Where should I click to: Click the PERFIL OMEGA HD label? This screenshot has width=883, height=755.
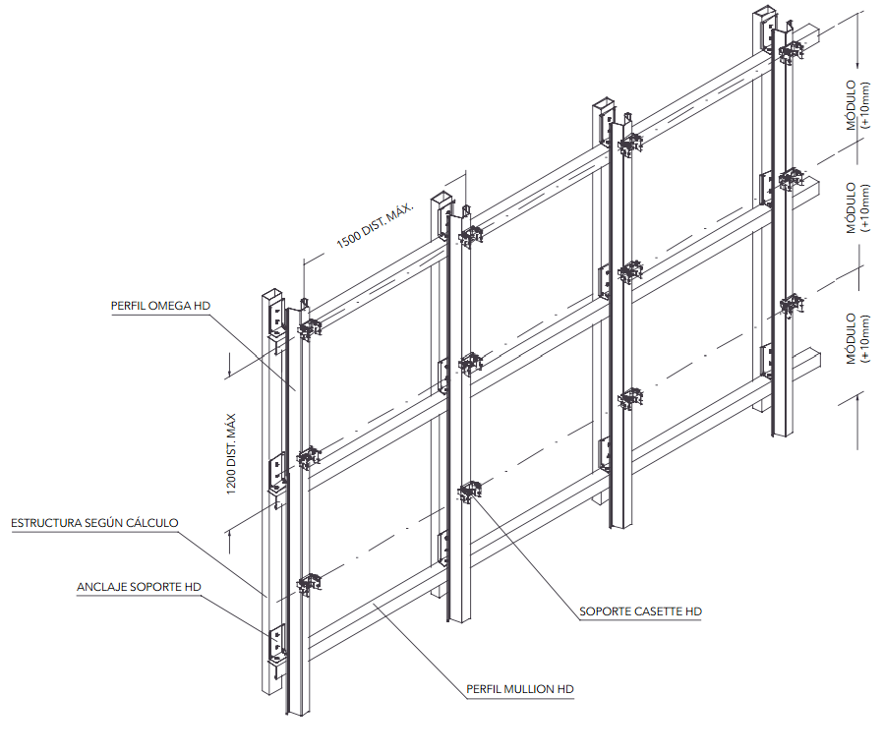pyautogui.click(x=160, y=306)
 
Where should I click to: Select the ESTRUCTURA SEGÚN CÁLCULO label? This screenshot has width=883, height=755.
pyautogui.click(x=94, y=522)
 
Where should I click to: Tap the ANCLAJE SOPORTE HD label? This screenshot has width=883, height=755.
pyautogui.click(x=139, y=587)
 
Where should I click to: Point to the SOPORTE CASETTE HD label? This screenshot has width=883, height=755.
pyautogui.click(x=640, y=611)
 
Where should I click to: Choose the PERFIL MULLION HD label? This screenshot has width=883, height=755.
pyautogui.click(x=519, y=689)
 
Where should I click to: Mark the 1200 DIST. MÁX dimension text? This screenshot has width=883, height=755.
pyautogui.click(x=233, y=454)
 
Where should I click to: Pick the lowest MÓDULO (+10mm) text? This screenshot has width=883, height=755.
pyautogui.click(x=857, y=339)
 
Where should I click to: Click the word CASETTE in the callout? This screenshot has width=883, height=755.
pyautogui.click(x=655, y=611)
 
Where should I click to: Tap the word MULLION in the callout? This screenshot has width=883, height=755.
pyautogui.click(x=530, y=689)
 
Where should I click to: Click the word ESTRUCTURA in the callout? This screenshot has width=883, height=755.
pyautogui.click(x=47, y=522)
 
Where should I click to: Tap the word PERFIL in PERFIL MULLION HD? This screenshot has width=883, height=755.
pyautogui.click(x=484, y=689)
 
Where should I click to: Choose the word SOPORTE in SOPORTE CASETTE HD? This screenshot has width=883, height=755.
pyautogui.click(x=602, y=611)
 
